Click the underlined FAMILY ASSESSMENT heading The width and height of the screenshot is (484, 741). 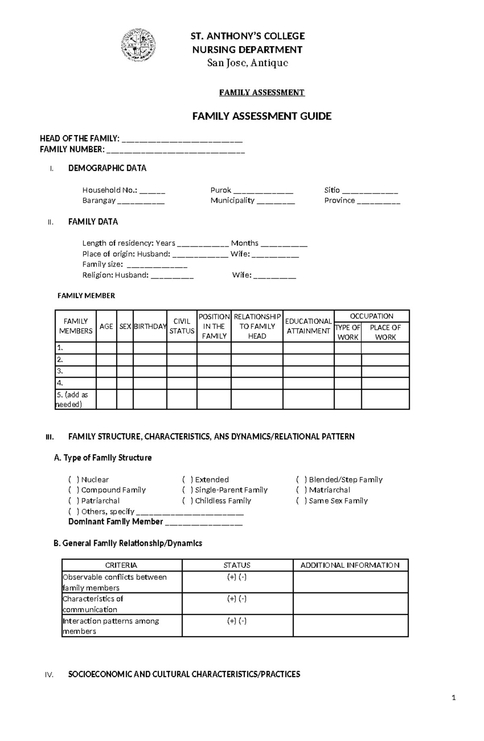[262, 92]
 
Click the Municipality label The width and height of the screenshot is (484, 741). [232, 200]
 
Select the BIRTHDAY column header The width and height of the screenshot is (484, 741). [150, 326]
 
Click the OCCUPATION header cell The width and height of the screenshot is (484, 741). [371, 316]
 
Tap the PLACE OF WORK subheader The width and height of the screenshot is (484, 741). [385, 332]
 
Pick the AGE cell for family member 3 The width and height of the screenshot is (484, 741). [106, 372]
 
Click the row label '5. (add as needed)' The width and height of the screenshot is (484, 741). [75, 399]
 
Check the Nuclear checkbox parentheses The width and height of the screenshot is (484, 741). [73, 480]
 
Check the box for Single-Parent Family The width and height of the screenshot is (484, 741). [187, 490]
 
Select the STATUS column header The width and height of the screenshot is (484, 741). [237, 565]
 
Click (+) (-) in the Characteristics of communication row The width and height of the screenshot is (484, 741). [237, 599]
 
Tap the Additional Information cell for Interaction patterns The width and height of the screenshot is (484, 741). [350, 626]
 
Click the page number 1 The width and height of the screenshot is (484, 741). [454, 697]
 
